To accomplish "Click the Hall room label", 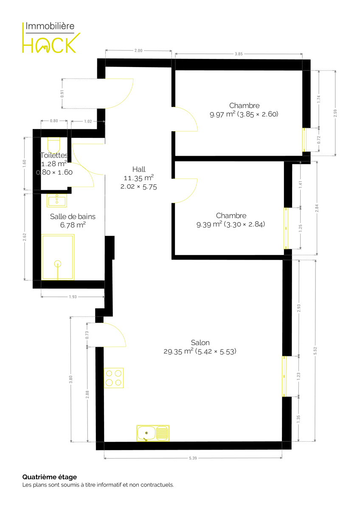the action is (x=139, y=169).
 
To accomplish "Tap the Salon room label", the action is (x=200, y=342).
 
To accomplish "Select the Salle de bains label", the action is (x=73, y=216).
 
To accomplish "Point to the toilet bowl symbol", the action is (x=53, y=145).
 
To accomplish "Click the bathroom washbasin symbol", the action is (x=57, y=200).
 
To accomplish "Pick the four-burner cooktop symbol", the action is (x=114, y=378).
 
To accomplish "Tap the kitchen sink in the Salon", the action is (x=153, y=433).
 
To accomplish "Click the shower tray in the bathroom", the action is (x=58, y=257).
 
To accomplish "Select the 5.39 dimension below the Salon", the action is (x=193, y=458).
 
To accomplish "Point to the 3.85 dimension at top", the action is (x=239, y=54).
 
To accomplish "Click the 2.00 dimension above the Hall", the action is (x=138, y=50).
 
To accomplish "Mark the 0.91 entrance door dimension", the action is (x=62, y=94).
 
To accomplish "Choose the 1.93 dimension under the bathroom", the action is (x=73, y=297).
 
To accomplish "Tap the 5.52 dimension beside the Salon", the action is (x=315, y=351).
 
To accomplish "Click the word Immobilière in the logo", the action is (x=50, y=26).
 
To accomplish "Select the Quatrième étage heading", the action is (x=50, y=477).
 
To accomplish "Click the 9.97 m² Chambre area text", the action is (x=244, y=114).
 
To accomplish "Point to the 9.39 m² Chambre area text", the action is (x=231, y=224).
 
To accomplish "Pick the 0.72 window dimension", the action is (x=319, y=140).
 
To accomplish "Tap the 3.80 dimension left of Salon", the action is (x=71, y=379).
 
